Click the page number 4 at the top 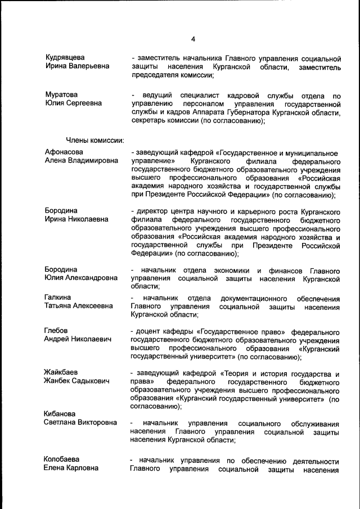click(x=192, y=39)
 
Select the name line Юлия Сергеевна click(x=73, y=103)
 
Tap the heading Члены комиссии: click(x=95, y=139)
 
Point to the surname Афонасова click(x=64, y=152)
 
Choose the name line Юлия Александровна click(x=81, y=277)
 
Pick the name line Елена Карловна click(x=71, y=468)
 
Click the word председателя click(x=153, y=76)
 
